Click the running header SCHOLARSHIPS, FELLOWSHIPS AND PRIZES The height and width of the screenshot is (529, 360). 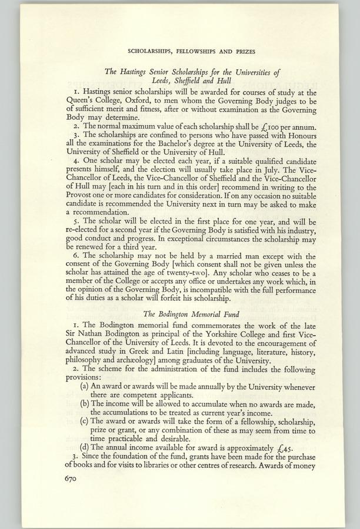click(191, 51)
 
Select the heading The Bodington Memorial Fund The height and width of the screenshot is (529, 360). click(191, 314)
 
